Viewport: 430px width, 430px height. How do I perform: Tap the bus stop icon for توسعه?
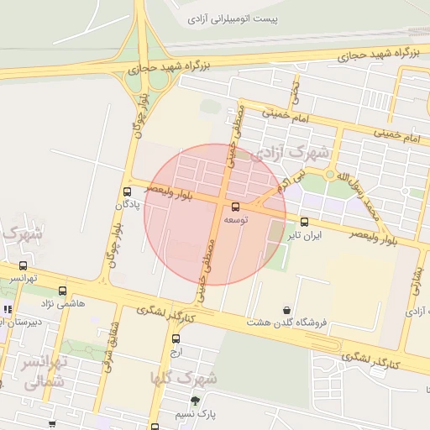click(234, 207)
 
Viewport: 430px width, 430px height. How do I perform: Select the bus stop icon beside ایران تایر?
click(304, 223)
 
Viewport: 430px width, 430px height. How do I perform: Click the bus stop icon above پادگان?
click(127, 191)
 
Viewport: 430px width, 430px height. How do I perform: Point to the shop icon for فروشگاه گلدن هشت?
click(287, 310)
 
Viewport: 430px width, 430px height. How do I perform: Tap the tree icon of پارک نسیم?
click(195, 401)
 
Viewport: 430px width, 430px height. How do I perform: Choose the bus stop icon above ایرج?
click(176, 339)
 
